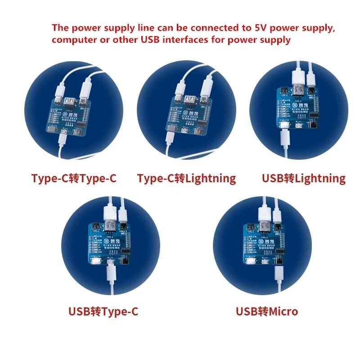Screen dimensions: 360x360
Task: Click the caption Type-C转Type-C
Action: (74, 178)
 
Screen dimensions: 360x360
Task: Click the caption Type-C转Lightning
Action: (186, 178)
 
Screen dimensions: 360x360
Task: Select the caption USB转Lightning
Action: (304, 178)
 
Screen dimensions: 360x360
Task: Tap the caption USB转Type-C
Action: (103, 311)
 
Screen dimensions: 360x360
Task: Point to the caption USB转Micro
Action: (267, 311)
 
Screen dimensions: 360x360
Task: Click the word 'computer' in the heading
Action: (72, 40)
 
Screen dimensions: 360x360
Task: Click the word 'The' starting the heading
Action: (60, 28)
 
